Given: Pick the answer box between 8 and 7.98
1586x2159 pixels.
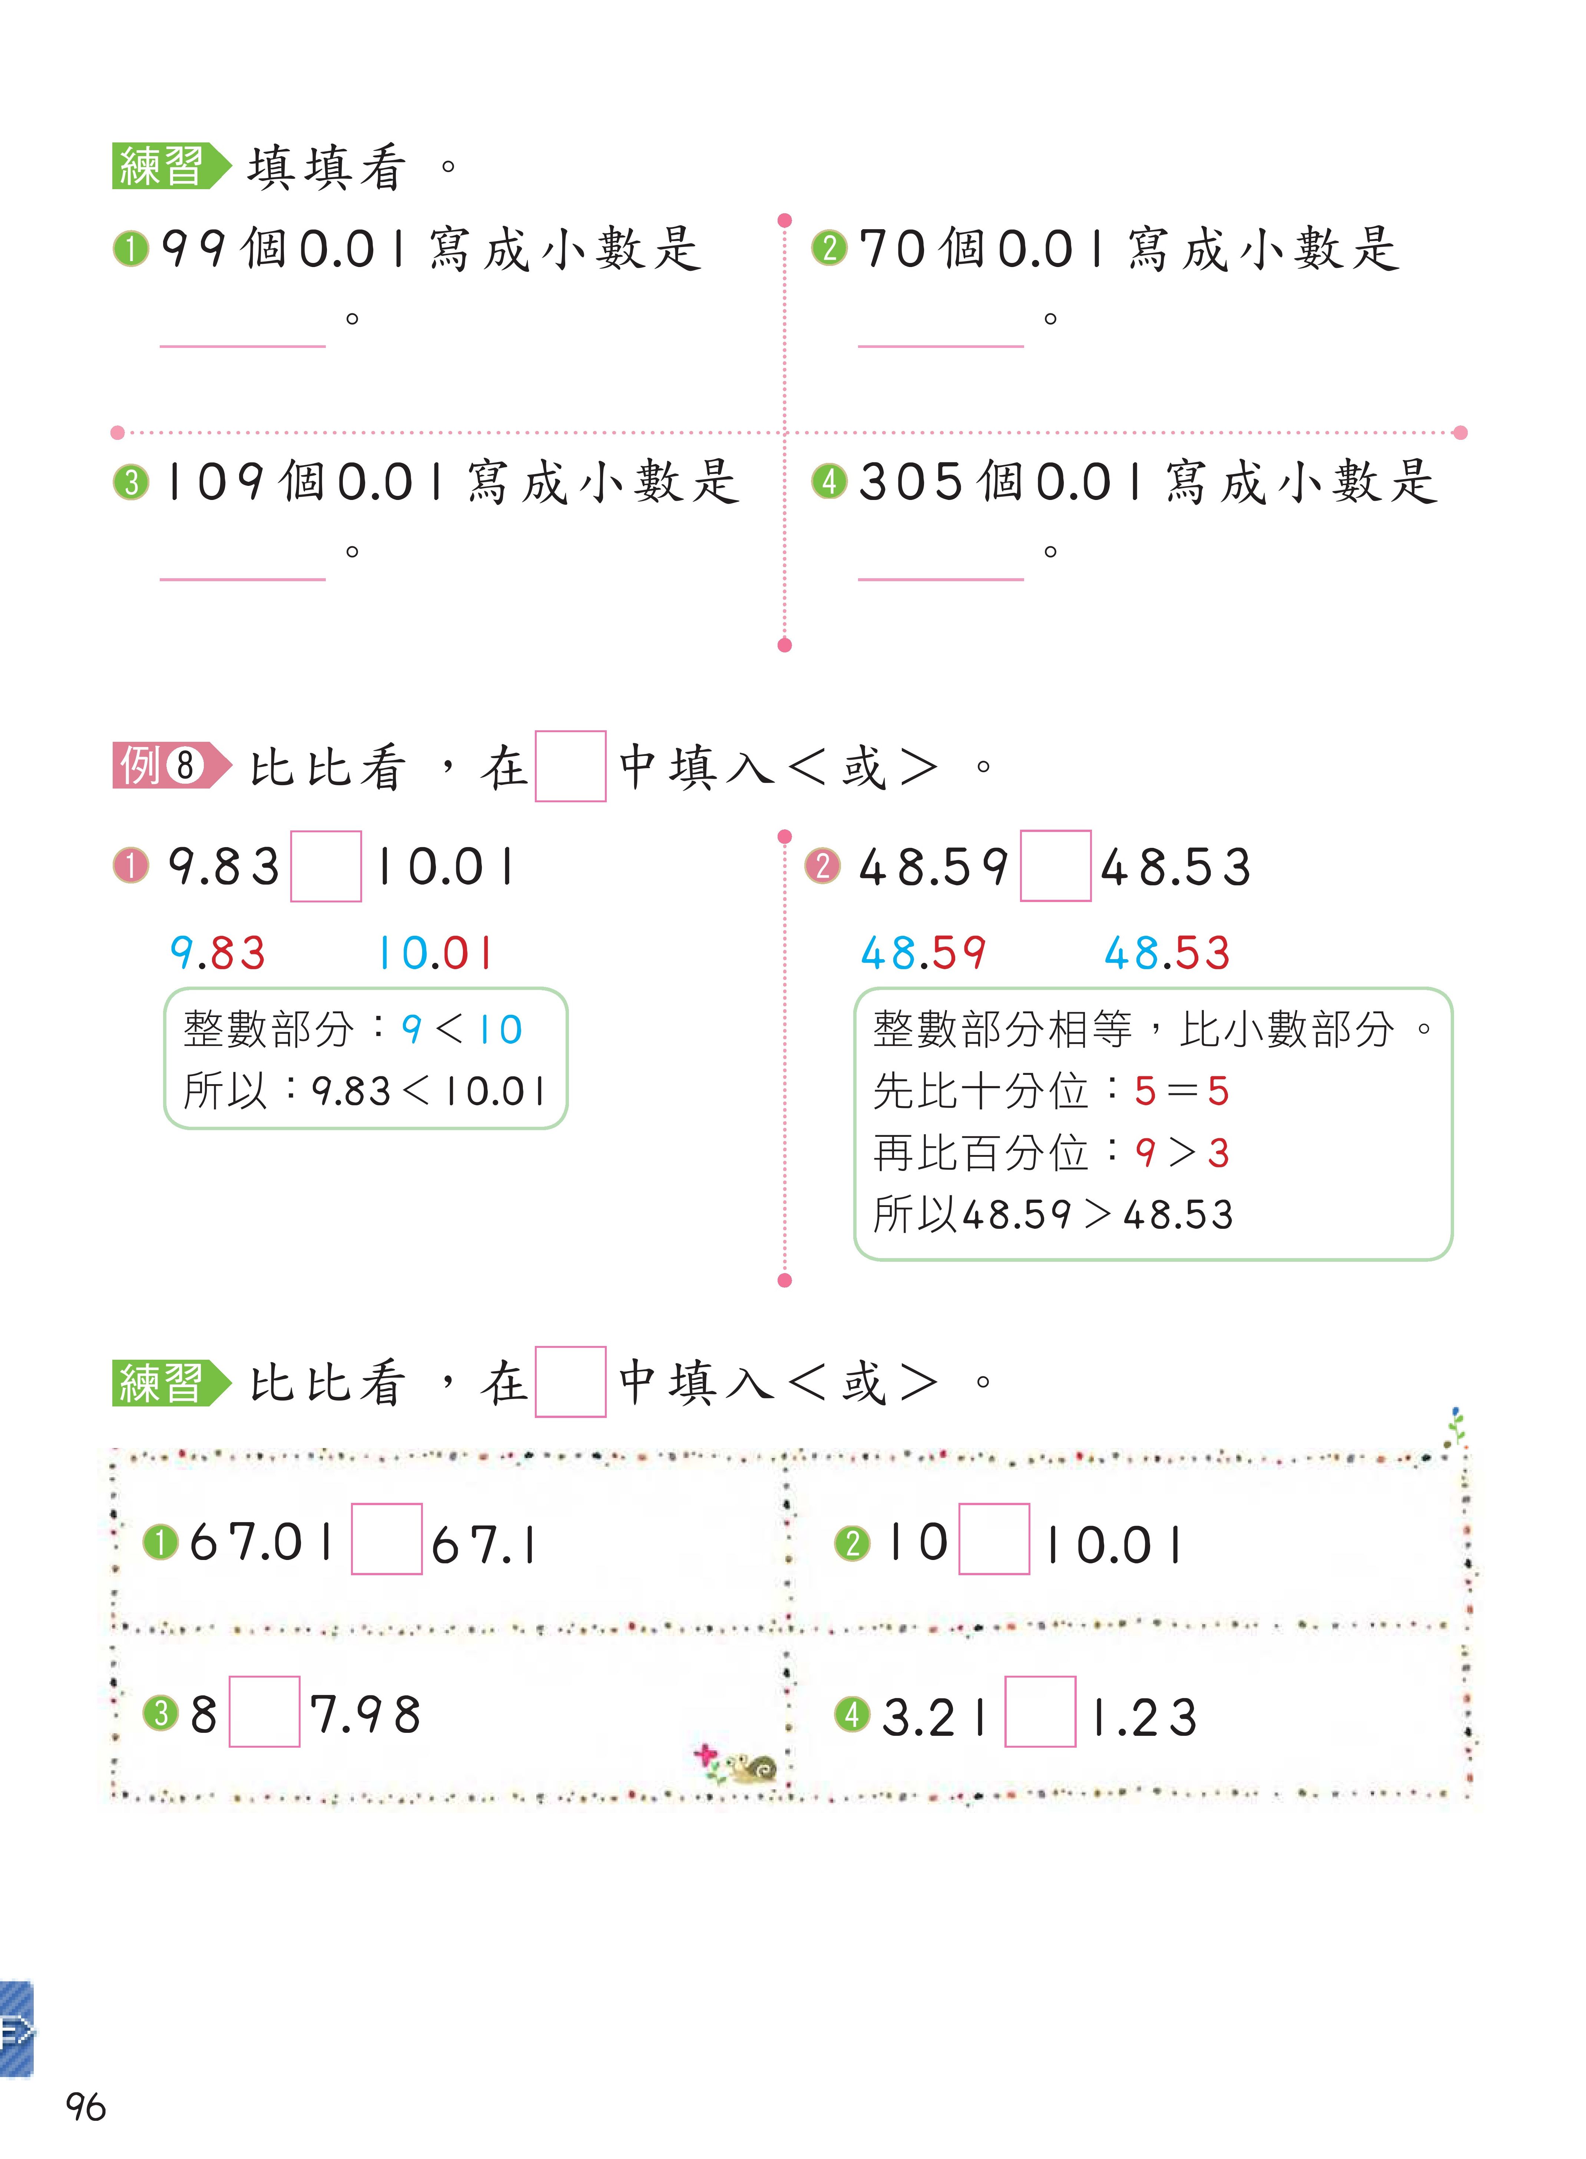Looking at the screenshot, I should (x=264, y=1711).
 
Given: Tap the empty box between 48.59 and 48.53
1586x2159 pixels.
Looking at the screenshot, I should (x=1055, y=866).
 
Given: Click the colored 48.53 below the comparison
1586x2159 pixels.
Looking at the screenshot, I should (x=1166, y=953).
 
